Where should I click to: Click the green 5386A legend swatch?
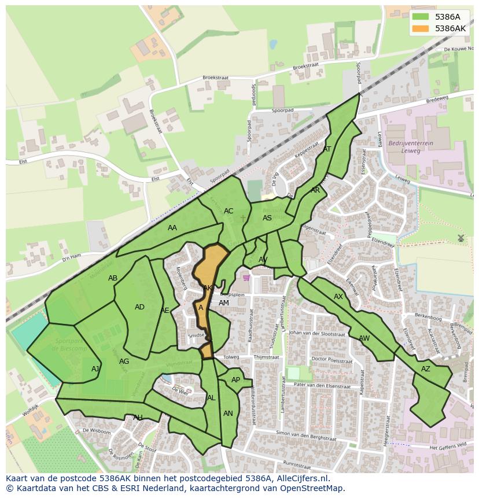[x=421, y=17]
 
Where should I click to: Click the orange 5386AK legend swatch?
[x=421, y=28]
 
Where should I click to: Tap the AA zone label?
[x=172, y=228]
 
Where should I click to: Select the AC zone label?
[x=229, y=211]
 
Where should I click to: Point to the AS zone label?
[x=267, y=218]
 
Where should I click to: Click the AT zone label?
[x=327, y=149]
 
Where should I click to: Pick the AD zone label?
[x=139, y=307]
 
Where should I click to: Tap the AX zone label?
[x=338, y=297]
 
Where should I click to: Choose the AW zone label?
[x=364, y=338]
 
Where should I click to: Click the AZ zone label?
[x=426, y=369]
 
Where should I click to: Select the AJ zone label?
[x=95, y=369]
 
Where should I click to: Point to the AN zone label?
[x=228, y=414]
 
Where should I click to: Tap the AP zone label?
[x=235, y=380]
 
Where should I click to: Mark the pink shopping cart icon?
[x=247, y=278]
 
